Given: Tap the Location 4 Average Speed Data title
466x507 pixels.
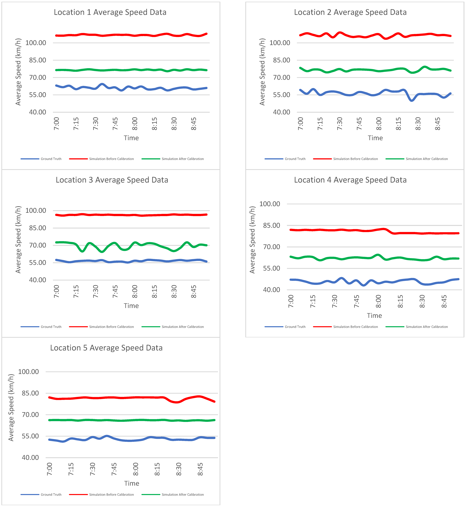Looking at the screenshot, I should click(x=350, y=180).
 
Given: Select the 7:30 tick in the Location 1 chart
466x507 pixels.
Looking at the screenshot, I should click(x=96, y=124).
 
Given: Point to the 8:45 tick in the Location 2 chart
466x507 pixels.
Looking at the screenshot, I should click(x=438, y=124).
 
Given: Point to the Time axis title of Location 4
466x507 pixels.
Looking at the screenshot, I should click(x=374, y=316).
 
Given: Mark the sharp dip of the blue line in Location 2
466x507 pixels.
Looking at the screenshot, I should click(x=411, y=100).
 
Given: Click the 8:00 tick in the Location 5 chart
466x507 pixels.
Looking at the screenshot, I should click(x=136, y=469).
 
